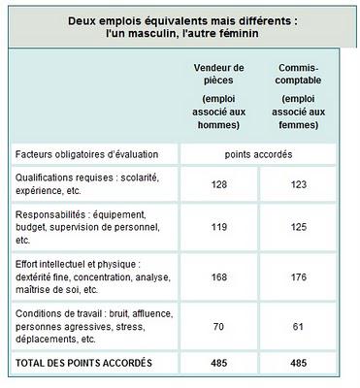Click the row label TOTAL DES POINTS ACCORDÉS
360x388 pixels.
pos(83,363)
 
